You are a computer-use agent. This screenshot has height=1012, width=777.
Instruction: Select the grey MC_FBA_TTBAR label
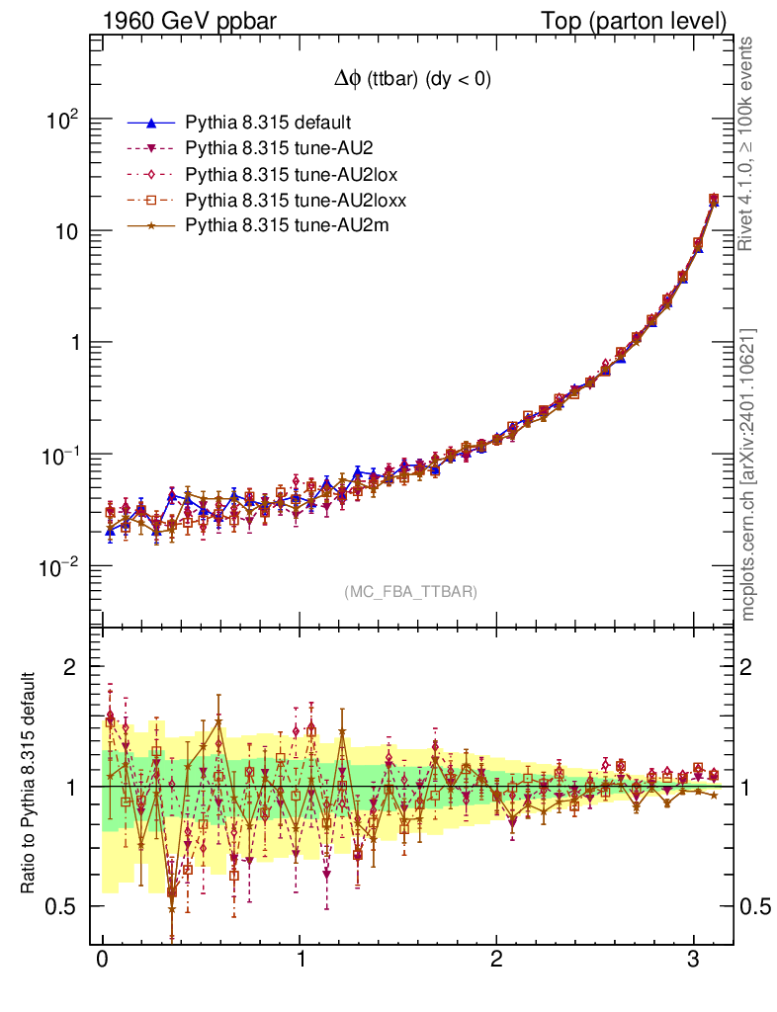click(x=411, y=592)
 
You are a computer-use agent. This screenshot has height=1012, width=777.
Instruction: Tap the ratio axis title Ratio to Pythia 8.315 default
click(x=30, y=784)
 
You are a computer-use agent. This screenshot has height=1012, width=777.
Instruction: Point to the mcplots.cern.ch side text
click(x=748, y=474)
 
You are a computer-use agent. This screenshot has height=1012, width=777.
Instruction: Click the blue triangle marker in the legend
click(x=151, y=124)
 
